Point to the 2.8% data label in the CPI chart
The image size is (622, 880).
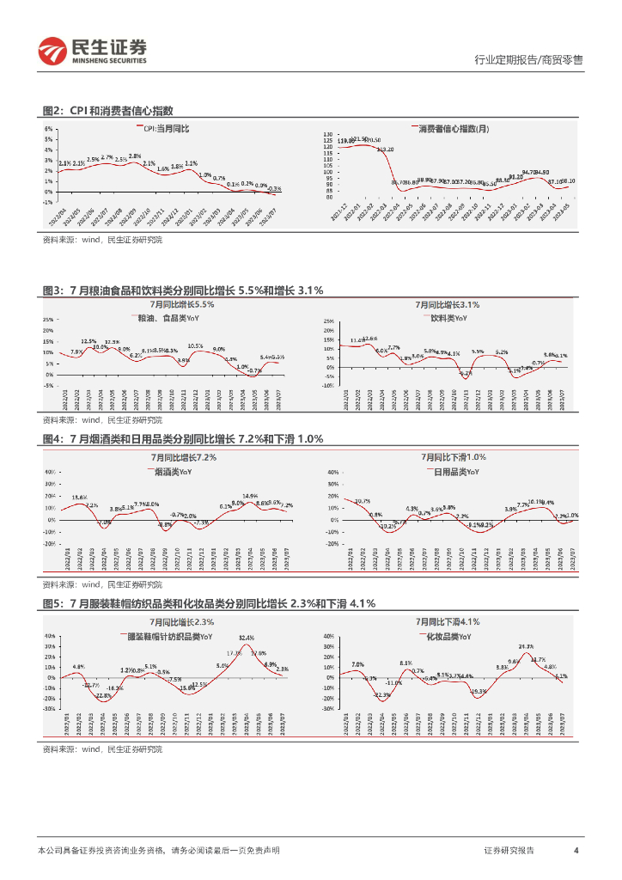click(x=135, y=156)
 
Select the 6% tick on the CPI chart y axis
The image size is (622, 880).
click(x=50, y=129)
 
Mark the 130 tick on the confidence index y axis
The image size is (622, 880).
click(x=327, y=135)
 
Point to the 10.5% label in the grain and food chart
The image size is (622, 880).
click(x=196, y=345)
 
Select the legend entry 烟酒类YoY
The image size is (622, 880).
click(x=172, y=471)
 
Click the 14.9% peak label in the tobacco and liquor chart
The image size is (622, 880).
click(x=250, y=496)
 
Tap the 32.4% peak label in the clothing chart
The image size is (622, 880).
click(x=247, y=638)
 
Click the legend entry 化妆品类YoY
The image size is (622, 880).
click(x=448, y=636)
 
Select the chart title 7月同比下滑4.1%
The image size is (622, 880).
click(x=447, y=621)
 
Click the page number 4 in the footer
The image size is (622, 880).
click(x=576, y=850)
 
